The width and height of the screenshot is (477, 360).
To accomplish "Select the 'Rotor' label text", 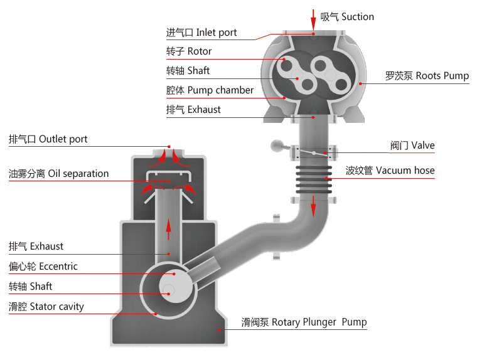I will click(189, 51).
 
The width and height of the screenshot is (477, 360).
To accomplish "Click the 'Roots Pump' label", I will click(427, 76).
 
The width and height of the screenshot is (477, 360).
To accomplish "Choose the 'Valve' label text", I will click(412, 146).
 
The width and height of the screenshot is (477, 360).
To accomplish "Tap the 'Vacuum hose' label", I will click(390, 170).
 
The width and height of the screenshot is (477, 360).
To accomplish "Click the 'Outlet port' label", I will click(48, 139).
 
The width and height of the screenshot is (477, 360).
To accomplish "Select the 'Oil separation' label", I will click(58, 174).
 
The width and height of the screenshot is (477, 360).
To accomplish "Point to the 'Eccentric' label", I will click(43, 267).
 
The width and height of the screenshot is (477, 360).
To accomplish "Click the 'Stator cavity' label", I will click(46, 307).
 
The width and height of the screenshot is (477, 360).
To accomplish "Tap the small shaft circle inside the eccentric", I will click(168, 290).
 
